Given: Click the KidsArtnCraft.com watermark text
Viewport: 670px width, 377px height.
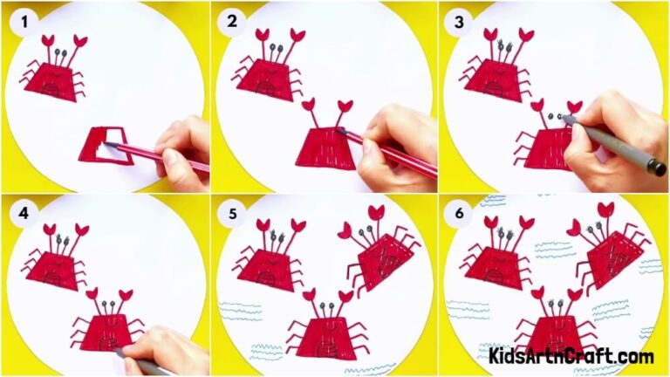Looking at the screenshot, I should pos(571,356).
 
